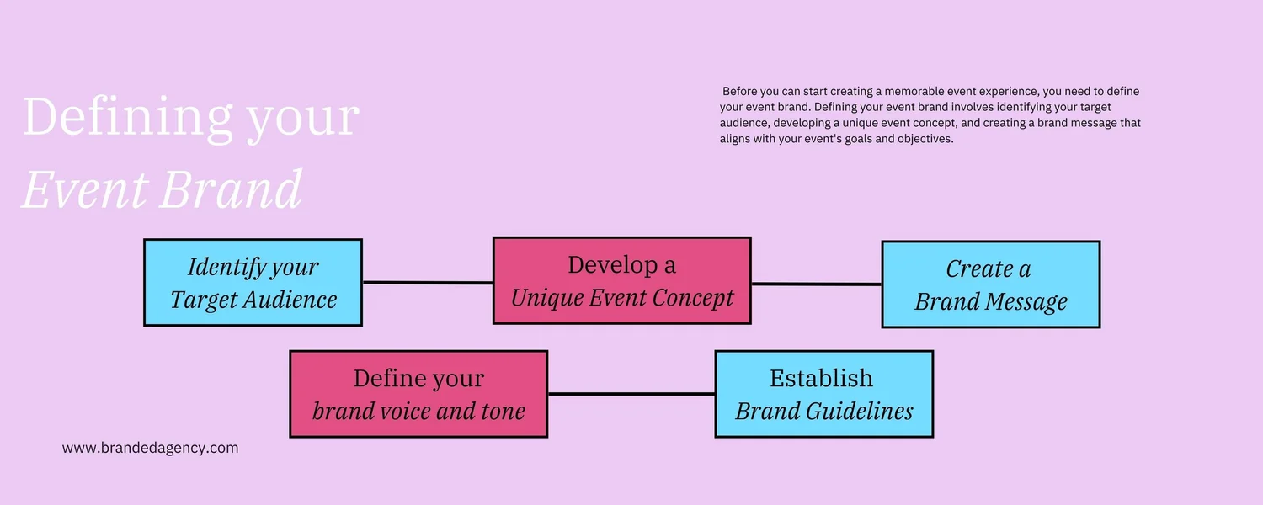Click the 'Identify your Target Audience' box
pos(253,283)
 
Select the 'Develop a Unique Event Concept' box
pos(621,280)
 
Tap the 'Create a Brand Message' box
pos(990,284)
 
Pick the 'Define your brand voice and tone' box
pos(418,394)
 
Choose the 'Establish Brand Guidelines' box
pos(823,394)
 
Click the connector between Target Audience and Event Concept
pos(427,283)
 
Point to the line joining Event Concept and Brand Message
pos(816,284)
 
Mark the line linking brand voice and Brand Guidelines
pos(631,393)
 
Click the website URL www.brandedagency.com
pos(151,448)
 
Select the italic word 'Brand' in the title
pos(230,189)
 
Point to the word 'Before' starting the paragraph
pos(741,91)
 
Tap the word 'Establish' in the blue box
pos(821,378)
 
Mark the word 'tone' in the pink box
pos(504,412)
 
